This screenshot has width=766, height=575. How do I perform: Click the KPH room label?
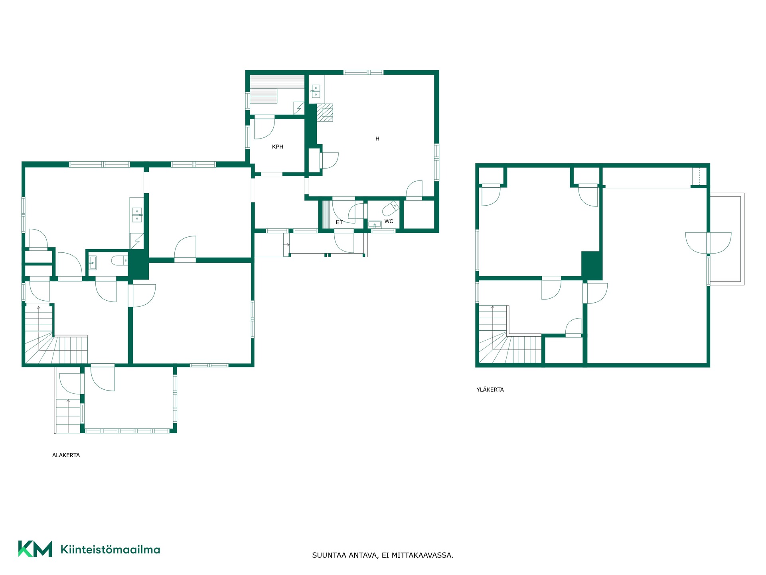pos(277,147)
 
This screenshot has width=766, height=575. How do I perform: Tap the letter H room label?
pos(377,139)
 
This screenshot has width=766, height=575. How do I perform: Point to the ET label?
pos(339,222)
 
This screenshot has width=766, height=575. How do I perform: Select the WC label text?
pos(389,221)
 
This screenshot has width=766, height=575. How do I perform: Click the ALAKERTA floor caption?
pos(66,455)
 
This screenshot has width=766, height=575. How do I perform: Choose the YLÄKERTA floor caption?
pos(490,390)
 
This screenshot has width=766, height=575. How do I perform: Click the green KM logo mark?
pos(35,549)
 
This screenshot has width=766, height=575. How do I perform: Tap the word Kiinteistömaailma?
pos(110,549)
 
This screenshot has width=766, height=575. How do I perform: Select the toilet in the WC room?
pos(390,208)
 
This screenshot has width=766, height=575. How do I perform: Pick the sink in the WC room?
pos(375,225)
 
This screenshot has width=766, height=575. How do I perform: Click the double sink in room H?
pos(315,91)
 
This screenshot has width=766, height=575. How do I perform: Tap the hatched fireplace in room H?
pos(325,113)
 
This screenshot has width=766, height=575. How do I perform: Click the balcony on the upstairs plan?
pos(727,239)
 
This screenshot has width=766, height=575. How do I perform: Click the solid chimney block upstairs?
pos(591,266)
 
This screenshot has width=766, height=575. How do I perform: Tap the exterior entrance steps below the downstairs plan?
pos(68,415)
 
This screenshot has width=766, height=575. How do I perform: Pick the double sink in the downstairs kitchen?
pos(137,214)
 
